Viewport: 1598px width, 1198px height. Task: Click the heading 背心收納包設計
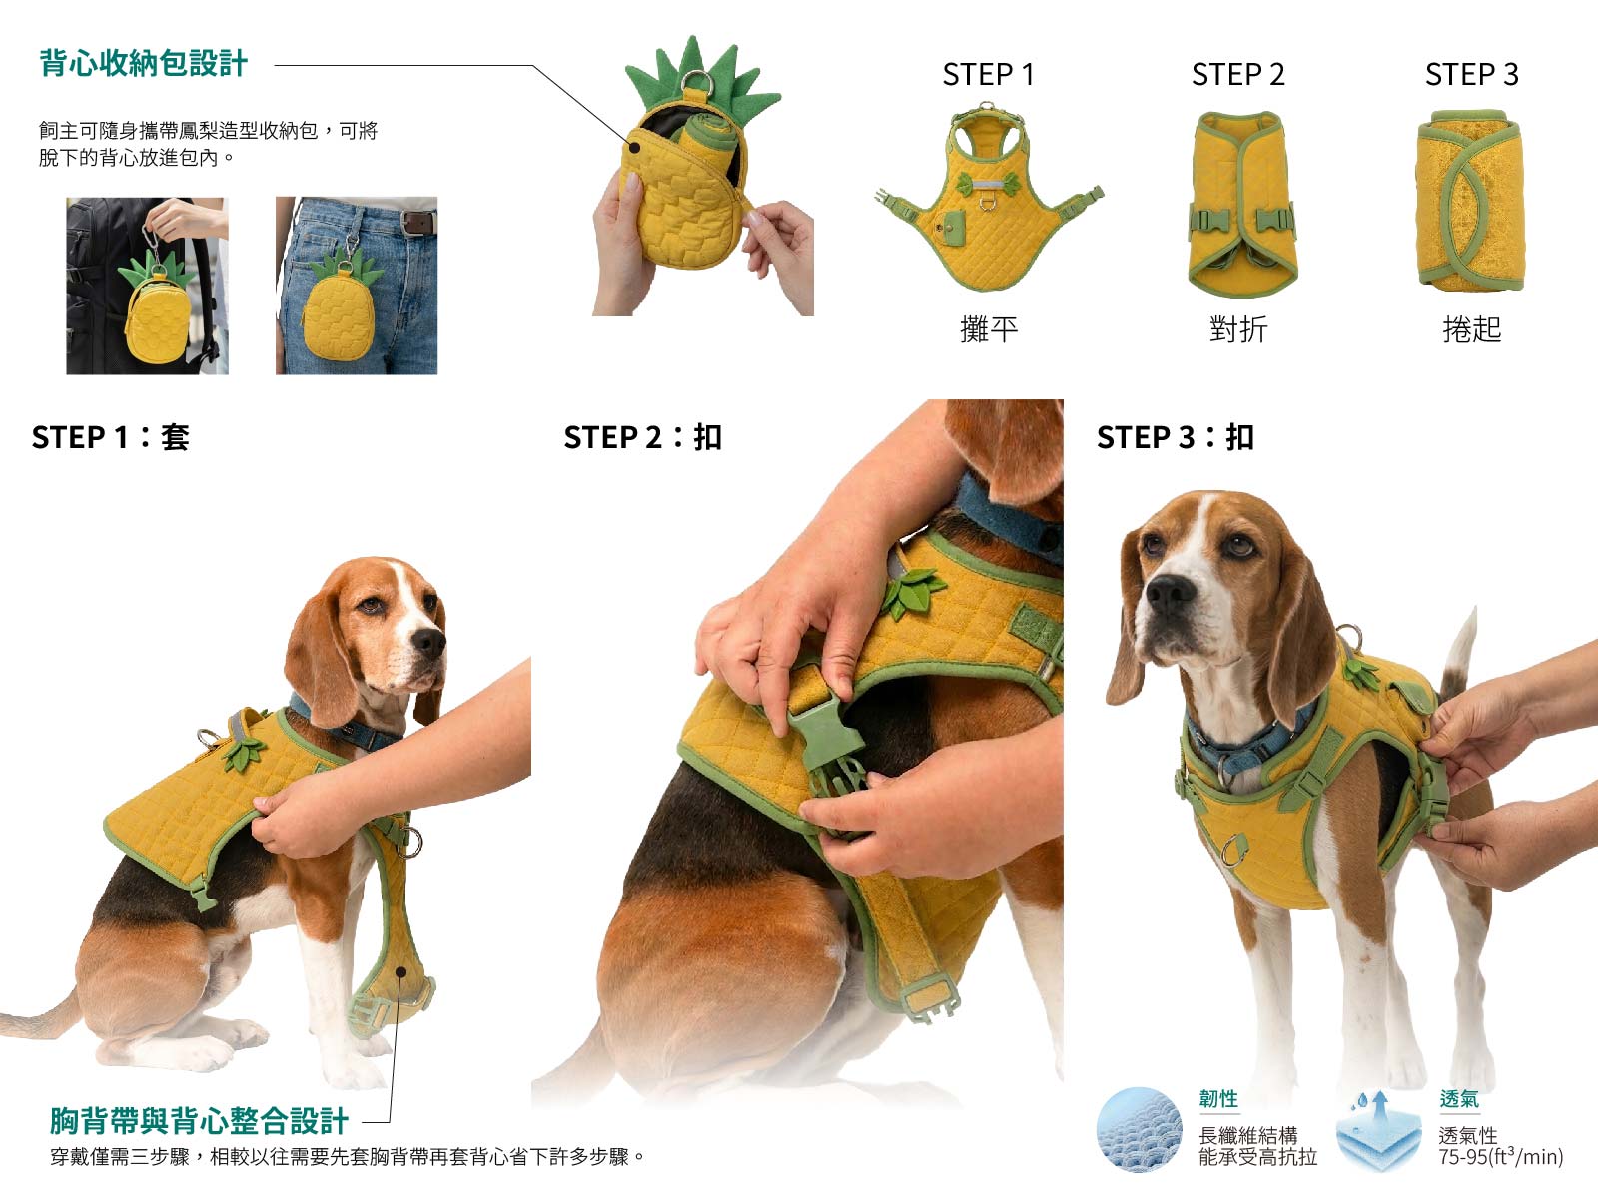(x=144, y=63)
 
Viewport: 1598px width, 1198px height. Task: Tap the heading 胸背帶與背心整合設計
(x=199, y=1121)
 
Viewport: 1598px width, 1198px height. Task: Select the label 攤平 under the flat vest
(x=988, y=329)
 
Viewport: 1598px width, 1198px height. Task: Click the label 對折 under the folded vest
(x=1238, y=329)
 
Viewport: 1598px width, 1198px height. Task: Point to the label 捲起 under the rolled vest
(x=1471, y=329)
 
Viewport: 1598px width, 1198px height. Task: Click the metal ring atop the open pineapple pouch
(x=697, y=82)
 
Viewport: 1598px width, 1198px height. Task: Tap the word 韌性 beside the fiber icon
(x=1218, y=1098)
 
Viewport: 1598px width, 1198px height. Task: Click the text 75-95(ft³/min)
(x=1500, y=1156)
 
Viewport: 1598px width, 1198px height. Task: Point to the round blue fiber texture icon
(x=1140, y=1129)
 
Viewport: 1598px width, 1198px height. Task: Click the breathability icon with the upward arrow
(x=1378, y=1130)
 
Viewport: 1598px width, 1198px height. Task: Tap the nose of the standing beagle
(x=1169, y=594)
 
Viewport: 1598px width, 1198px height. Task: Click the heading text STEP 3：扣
(x=1175, y=438)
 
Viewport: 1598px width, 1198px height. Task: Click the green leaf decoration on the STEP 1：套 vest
(x=243, y=754)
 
